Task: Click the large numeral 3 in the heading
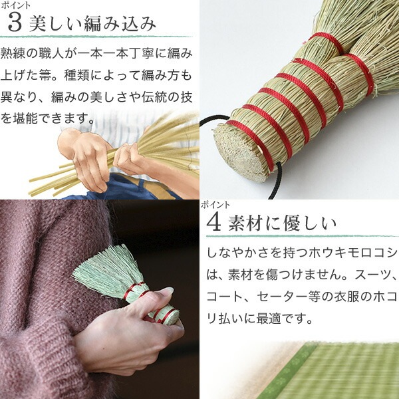(x=15, y=23)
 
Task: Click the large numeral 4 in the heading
(x=213, y=223)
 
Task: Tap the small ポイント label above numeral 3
(x=15, y=5)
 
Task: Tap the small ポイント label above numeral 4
(x=215, y=205)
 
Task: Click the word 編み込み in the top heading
(x=120, y=24)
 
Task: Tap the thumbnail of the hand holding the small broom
(x=100, y=299)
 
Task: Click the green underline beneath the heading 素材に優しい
(x=303, y=236)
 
